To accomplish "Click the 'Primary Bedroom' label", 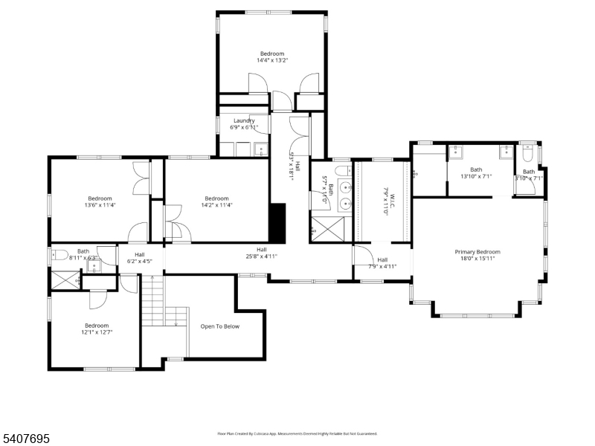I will tap(477, 252).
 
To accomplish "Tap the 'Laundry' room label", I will tap(244, 120).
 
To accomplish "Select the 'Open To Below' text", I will tap(220, 326).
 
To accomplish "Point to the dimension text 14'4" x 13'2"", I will tap(271, 61).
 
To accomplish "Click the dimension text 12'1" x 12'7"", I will tap(97, 333).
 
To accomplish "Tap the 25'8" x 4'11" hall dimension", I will tap(262, 256).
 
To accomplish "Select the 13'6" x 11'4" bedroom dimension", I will tap(100, 206).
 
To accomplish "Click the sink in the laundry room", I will tap(261, 149).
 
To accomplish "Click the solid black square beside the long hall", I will tap(277, 224).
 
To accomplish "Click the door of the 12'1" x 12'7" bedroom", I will tap(99, 297).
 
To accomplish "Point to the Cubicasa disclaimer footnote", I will tap(297, 433).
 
